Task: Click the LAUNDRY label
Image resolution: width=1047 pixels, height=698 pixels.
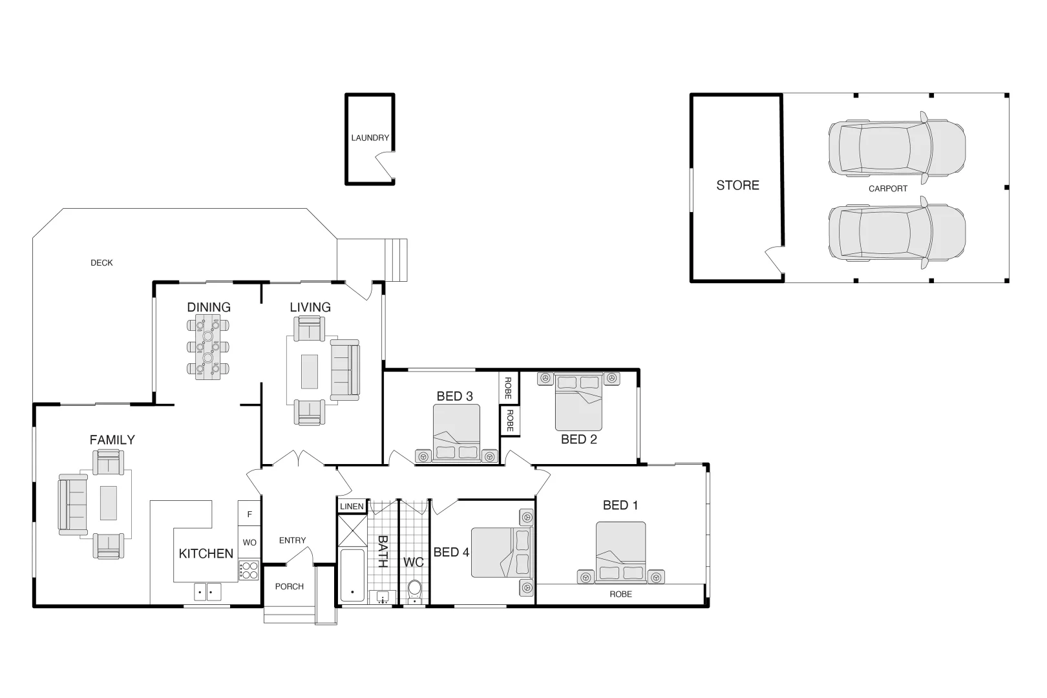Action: (x=370, y=138)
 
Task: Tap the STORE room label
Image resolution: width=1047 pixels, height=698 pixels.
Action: (x=737, y=185)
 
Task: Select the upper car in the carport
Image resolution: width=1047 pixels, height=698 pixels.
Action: (x=896, y=148)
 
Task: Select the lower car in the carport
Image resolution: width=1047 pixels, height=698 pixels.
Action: (x=896, y=233)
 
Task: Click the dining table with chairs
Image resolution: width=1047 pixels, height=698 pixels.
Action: (x=208, y=347)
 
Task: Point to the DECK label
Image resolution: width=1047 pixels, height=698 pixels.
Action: (x=101, y=263)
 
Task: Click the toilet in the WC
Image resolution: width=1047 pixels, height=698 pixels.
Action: (x=414, y=590)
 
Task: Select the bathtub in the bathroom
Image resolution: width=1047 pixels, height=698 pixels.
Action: (x=352, y=575)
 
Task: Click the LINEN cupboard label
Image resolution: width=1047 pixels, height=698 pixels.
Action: (x=352, y=507)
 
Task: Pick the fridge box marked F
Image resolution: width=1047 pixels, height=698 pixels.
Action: (x=249, y=514)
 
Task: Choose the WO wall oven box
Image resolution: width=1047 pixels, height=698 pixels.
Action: (x=249, y=543)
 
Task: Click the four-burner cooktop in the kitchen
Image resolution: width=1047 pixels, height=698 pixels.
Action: (x=249, y=571)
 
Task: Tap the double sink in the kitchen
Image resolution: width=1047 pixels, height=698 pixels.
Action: (x=207, y=591)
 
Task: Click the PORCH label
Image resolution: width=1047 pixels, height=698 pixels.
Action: (x=289, y=587)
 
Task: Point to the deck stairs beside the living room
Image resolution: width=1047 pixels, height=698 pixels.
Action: (x=396, y=260)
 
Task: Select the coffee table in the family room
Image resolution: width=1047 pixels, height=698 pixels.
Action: (x=109, y=503)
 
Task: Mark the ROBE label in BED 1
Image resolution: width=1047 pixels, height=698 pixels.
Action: (x=620, y=595)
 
